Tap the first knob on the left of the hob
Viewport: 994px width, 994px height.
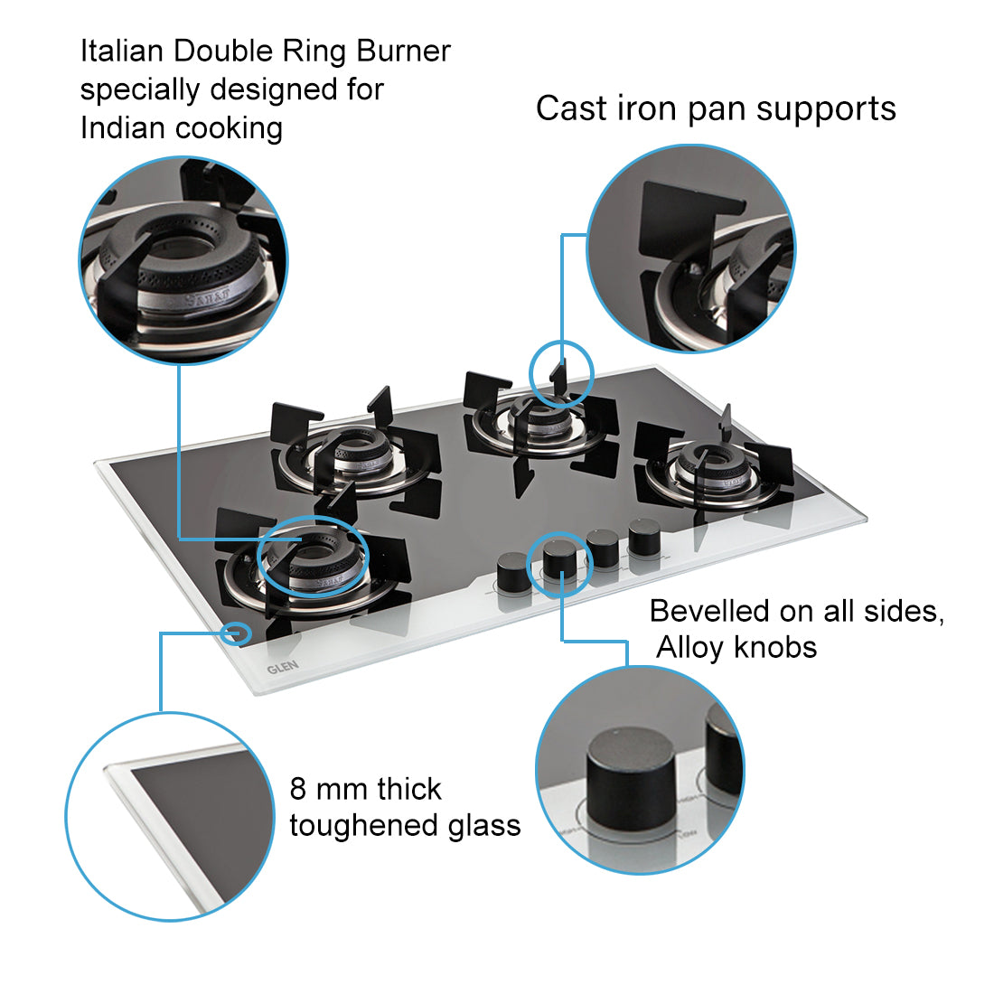click(x=511, y=571)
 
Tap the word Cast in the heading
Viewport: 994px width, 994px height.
click(x=571, y=108)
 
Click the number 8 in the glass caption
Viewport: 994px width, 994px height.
click(x=298, y=789)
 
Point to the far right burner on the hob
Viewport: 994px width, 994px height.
click(x=714, y=470)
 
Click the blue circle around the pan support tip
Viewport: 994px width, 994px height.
click(x=560, y=371)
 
